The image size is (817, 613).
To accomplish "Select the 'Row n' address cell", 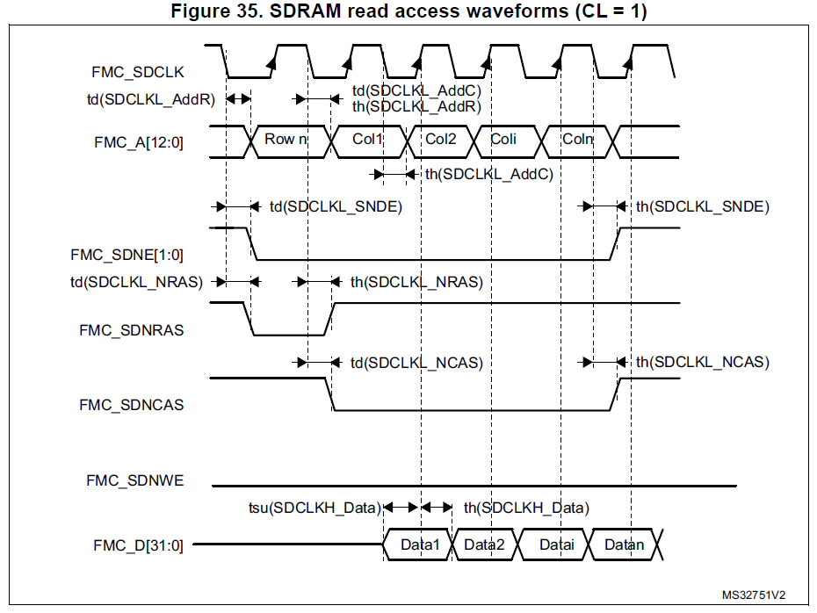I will coord(286,140).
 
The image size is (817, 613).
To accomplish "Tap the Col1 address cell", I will coord(368,140).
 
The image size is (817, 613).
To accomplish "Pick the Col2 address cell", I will coord(441,140).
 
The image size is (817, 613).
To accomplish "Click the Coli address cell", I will coord(503,140).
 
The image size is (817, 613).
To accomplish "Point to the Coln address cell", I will coord(577,140).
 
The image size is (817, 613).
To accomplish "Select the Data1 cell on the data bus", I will coord(419,544).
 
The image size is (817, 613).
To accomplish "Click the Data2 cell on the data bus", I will coord(484,544).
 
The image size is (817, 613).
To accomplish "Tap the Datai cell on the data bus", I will coord(556,544).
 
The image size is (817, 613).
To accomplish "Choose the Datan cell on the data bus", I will coord(624,544).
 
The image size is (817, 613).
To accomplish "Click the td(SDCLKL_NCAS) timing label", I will coord(416,362).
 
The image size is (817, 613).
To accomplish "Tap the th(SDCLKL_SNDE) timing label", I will coord(703,207).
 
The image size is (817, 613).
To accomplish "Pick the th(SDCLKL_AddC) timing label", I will coord(489,174).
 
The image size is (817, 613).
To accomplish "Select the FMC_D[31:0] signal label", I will coord(138,544).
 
